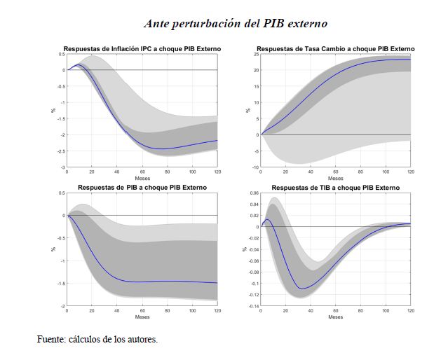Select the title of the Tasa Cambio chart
pyautogui.click(x=335, y=48)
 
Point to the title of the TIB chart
pyautogui.click(x=335, y=188)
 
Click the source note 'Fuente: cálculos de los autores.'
pyautogui.click(x=97, y=340)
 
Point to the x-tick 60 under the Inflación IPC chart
pyautogui.click(x=142, y=172)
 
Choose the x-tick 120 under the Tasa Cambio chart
pyautogui.click(x=411, y=172)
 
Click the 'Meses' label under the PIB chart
pyautogui.click(x=142, y=317)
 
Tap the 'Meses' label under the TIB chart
pyautogui.click(x=335, y=317)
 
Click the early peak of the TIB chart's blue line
pyautogui.click(x=266, y=220)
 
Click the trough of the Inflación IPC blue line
pyautogui.click(x=161, y=148)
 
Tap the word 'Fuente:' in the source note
pyautogui.click(x=52, y=340)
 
